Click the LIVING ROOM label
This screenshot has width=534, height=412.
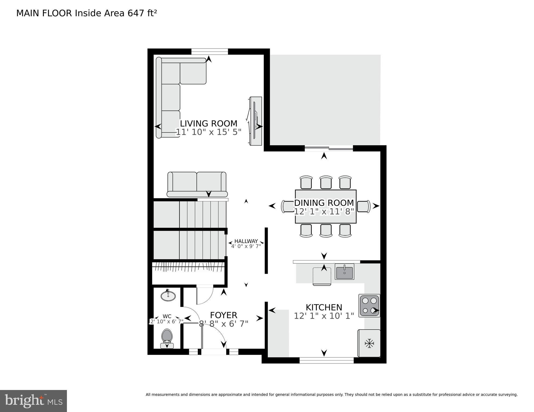(x=209, y=123)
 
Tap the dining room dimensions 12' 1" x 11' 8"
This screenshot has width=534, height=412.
(x=324, y=212)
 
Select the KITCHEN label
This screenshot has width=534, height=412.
(x=324, y=307)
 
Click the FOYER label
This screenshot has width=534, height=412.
(x=223, y=315)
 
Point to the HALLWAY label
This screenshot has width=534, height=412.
(x=246, y=241)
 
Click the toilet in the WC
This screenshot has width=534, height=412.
(x=167, y=337)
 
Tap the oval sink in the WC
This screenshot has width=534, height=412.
(x=168, y=296)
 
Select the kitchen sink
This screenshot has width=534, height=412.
(x=344, y=271)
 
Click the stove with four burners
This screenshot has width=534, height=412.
(x=369, y=305)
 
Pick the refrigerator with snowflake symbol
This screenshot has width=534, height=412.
(x=369, y=343)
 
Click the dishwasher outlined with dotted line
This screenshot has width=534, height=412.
(x=322, y=276)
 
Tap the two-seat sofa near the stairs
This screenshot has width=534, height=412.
(x=197, y=185)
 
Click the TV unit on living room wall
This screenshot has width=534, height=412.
(x=255, y=121)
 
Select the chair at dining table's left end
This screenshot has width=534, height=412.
(x=287, y=206)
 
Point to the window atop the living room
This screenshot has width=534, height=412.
(x=210, y=51)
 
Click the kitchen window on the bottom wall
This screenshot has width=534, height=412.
(x=327, y=360)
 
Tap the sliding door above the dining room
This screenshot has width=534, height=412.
(x=329, y=148)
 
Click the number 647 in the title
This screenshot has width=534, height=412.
(x=136, y=13)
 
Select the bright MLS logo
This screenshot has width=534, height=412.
(x=33, y=401)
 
